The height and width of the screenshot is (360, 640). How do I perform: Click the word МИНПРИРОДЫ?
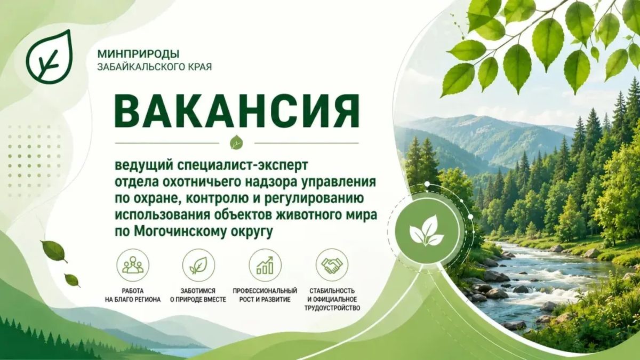[138, 53]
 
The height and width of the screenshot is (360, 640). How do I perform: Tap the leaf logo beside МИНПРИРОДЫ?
[49, 56]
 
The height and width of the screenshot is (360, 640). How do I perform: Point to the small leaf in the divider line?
[237, 142]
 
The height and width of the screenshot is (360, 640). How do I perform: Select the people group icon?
[133, 265]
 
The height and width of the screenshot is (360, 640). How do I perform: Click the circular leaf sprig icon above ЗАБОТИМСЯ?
[198, 265]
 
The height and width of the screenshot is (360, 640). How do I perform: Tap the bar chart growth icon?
[265, 265]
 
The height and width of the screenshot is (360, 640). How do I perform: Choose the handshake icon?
[332, 265]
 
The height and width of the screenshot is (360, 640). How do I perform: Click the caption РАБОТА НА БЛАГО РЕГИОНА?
[133, 295]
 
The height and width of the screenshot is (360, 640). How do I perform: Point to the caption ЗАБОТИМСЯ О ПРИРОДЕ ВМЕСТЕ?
[198, 295]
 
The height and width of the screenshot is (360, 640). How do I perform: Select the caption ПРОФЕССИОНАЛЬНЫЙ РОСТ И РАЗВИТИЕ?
[265, 295]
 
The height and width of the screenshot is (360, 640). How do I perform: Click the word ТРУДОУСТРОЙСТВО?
[332, 308]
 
